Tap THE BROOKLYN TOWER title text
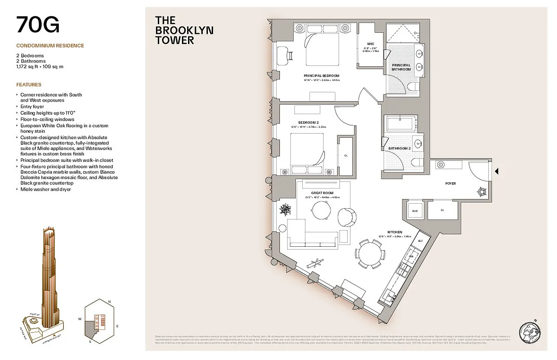[184, 30]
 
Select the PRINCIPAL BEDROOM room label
[322, 76]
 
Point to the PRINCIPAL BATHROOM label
[401, 67]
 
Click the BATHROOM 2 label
[403, 148]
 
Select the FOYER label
[450, 184]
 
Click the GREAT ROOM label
[322, 193]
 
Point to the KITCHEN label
[395, 232]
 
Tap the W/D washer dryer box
[415, 210]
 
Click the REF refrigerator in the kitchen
[420, 241]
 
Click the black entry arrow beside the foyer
[496, 172]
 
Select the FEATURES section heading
[29, 85]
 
